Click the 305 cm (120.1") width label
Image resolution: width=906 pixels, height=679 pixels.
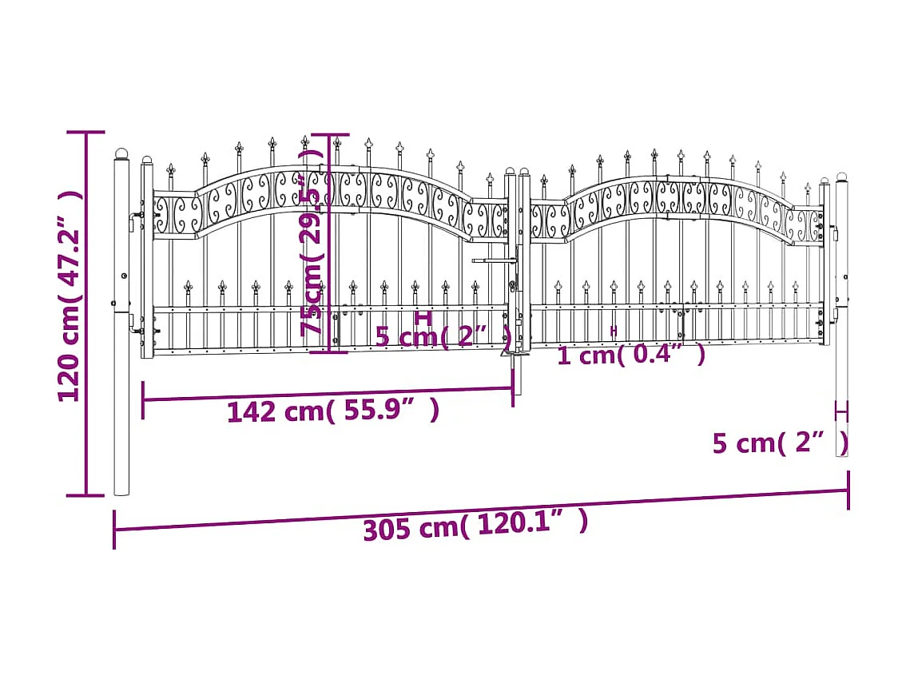pos(475,525)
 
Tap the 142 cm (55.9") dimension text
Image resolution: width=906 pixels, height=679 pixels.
pos(332,411)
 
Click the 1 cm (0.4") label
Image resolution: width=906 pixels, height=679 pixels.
pos(631,354)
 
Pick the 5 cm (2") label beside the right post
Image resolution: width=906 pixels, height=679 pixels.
pos(780,443)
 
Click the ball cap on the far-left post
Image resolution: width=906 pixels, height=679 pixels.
pos(121,153)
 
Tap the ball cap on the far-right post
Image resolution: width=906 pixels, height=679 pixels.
pos(842,177)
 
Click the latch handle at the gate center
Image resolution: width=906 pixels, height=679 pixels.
pos(494,260)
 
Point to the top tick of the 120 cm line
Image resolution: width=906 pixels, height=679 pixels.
pos(85,133)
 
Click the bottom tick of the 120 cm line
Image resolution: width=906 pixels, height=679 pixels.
pos(85,496)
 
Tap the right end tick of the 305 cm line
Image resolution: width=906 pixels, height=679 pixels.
pos(848,490)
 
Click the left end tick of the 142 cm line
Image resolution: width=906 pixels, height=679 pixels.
pos(143,399)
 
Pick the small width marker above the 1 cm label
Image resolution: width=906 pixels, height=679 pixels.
pos(614,330)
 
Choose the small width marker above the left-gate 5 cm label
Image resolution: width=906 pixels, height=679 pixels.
pos(424,317)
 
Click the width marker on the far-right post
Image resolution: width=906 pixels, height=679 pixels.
pos(841,412)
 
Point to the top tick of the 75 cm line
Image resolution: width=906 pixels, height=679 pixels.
pos(329,135)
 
